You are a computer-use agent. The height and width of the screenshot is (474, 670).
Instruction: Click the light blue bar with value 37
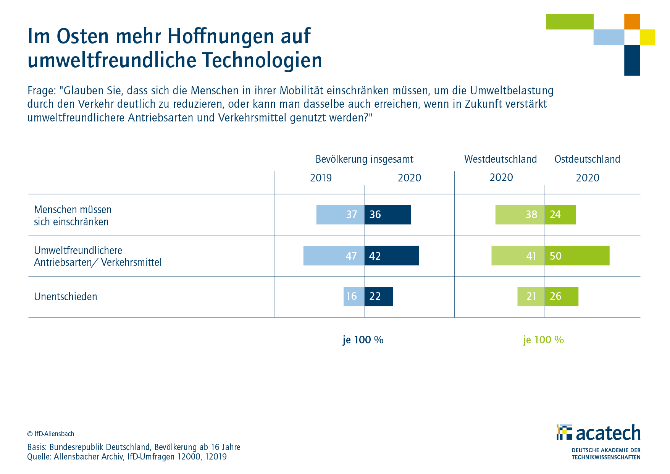tap(340, 215)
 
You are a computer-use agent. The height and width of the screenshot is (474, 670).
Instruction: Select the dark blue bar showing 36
tap(387, 215)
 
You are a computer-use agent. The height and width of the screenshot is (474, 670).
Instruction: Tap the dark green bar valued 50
tap(577, 256)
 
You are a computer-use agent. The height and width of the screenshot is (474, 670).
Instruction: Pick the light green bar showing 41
tap(518, 256)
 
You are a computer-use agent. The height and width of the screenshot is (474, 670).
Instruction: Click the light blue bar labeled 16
tap(354, 296)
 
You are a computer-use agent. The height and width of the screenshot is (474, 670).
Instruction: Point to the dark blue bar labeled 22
tap(378, 296)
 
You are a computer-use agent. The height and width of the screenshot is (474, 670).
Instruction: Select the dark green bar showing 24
tap(560, 215)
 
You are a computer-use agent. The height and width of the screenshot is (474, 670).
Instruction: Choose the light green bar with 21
tap(531, 296)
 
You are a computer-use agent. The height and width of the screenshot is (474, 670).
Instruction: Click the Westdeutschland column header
tap(500, 159)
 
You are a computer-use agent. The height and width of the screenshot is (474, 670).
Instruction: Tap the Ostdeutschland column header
tap(587, 159)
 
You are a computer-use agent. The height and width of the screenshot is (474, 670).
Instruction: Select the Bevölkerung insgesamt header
tap(364, 159)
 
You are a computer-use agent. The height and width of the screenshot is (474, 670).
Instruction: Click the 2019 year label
tap(321, 178)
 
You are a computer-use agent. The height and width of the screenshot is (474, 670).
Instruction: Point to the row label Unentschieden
tap(66, 297)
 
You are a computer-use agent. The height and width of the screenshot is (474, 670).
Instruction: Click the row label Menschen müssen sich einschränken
tap(73, 215)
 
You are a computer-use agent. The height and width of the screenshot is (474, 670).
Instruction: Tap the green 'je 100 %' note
tap(543, 340)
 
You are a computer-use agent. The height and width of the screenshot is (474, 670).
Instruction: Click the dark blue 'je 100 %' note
tap(363, 340)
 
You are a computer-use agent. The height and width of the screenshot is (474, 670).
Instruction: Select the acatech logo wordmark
tap(608, 433)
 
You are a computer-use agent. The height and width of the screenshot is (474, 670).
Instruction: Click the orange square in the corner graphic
tap(632, 22)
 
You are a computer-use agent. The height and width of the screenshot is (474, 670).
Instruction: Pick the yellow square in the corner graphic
tap(647, 37)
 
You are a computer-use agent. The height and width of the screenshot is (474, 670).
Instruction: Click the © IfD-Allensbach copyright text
tap(51, 434)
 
